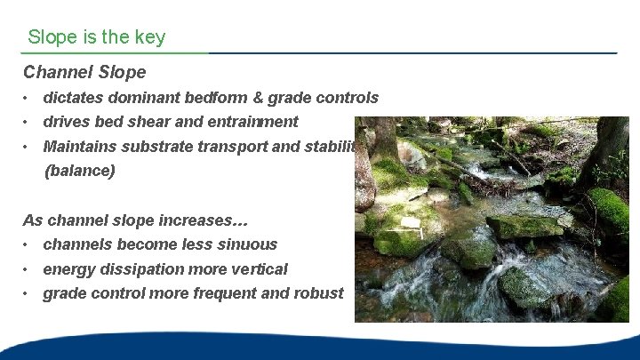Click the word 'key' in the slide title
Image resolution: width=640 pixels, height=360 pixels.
(x=150, y=37)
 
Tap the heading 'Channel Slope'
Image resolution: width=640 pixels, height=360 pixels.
(x=84, y=72)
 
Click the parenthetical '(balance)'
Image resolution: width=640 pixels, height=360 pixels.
(x=80, y=171)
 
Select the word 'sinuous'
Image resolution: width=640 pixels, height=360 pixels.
(x=248, y=244)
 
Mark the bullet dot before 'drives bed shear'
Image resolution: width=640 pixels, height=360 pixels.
(x=28, y=123)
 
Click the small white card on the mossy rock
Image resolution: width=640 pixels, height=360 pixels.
(x=410, y=222)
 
